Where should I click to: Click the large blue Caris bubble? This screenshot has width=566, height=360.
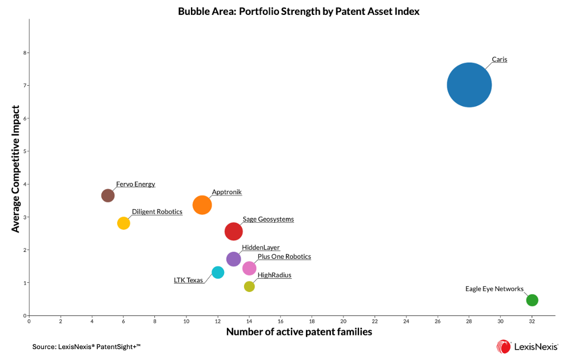(x=469, y=85)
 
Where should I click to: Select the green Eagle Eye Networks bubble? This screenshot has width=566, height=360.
(x=532, y=300)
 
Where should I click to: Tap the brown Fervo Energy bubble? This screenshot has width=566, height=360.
(x=107, y=195)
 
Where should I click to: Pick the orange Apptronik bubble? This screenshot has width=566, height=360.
(x=202, y=205)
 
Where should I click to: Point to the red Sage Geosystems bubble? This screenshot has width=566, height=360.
(x=233, y=231)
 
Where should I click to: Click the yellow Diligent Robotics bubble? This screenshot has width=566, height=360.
(x=123, y=223)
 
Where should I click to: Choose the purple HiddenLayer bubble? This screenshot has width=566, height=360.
(x=233, y=259)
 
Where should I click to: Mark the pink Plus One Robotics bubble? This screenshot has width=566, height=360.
(x=249, y=268)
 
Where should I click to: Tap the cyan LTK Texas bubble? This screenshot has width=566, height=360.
(x=218, y=272)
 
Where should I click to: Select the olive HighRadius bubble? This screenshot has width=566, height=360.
(x=249, y=286)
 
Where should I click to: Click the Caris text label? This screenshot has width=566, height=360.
(x=499, y=59)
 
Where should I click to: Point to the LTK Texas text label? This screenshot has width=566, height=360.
(x=188, y=280)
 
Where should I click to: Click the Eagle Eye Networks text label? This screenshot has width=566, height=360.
(x=494, y=289)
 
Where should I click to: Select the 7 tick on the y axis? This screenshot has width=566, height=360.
(x=24, y=86)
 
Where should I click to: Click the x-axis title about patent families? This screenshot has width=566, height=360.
(x=299, y=332)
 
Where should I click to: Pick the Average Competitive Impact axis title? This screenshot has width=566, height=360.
(x=16, y=169)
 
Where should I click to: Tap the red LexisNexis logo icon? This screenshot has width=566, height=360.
(x=504, y=346)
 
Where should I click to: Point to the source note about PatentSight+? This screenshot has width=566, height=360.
(x=86, y=346)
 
